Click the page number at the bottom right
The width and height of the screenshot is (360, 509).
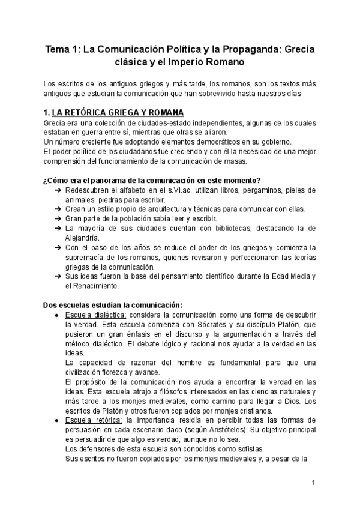(313, 483)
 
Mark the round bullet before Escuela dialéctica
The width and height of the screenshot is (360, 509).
(56, 315)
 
